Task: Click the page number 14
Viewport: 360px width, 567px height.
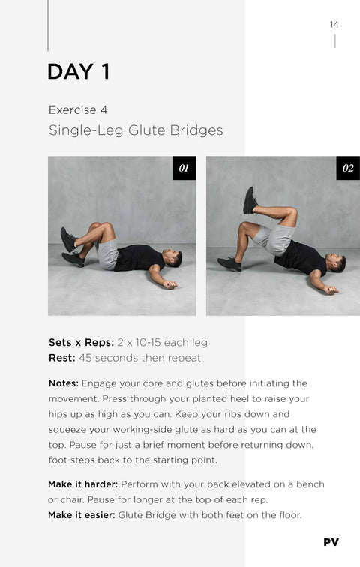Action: (334, 25)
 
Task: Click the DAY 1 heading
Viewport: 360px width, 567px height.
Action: (79, 71)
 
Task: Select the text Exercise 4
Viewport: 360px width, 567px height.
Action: (78, 110)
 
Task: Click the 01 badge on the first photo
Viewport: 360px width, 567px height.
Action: (184, 168)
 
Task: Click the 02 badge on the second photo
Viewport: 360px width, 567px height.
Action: (348, 168)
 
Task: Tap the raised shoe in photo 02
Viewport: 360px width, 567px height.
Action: (250, 200)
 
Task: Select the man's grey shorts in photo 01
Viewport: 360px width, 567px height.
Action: (107, 253)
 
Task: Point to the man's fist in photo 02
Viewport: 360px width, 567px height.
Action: (331, 289)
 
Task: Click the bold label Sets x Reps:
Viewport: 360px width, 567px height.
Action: (81, 343)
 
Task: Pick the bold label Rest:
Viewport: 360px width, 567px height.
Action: (62, 358)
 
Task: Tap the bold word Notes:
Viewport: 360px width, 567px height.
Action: (64, 383)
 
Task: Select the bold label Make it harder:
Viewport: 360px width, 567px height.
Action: (82, 484)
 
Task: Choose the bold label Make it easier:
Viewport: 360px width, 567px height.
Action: (82, 515)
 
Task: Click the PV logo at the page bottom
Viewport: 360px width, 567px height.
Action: (331, 542)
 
